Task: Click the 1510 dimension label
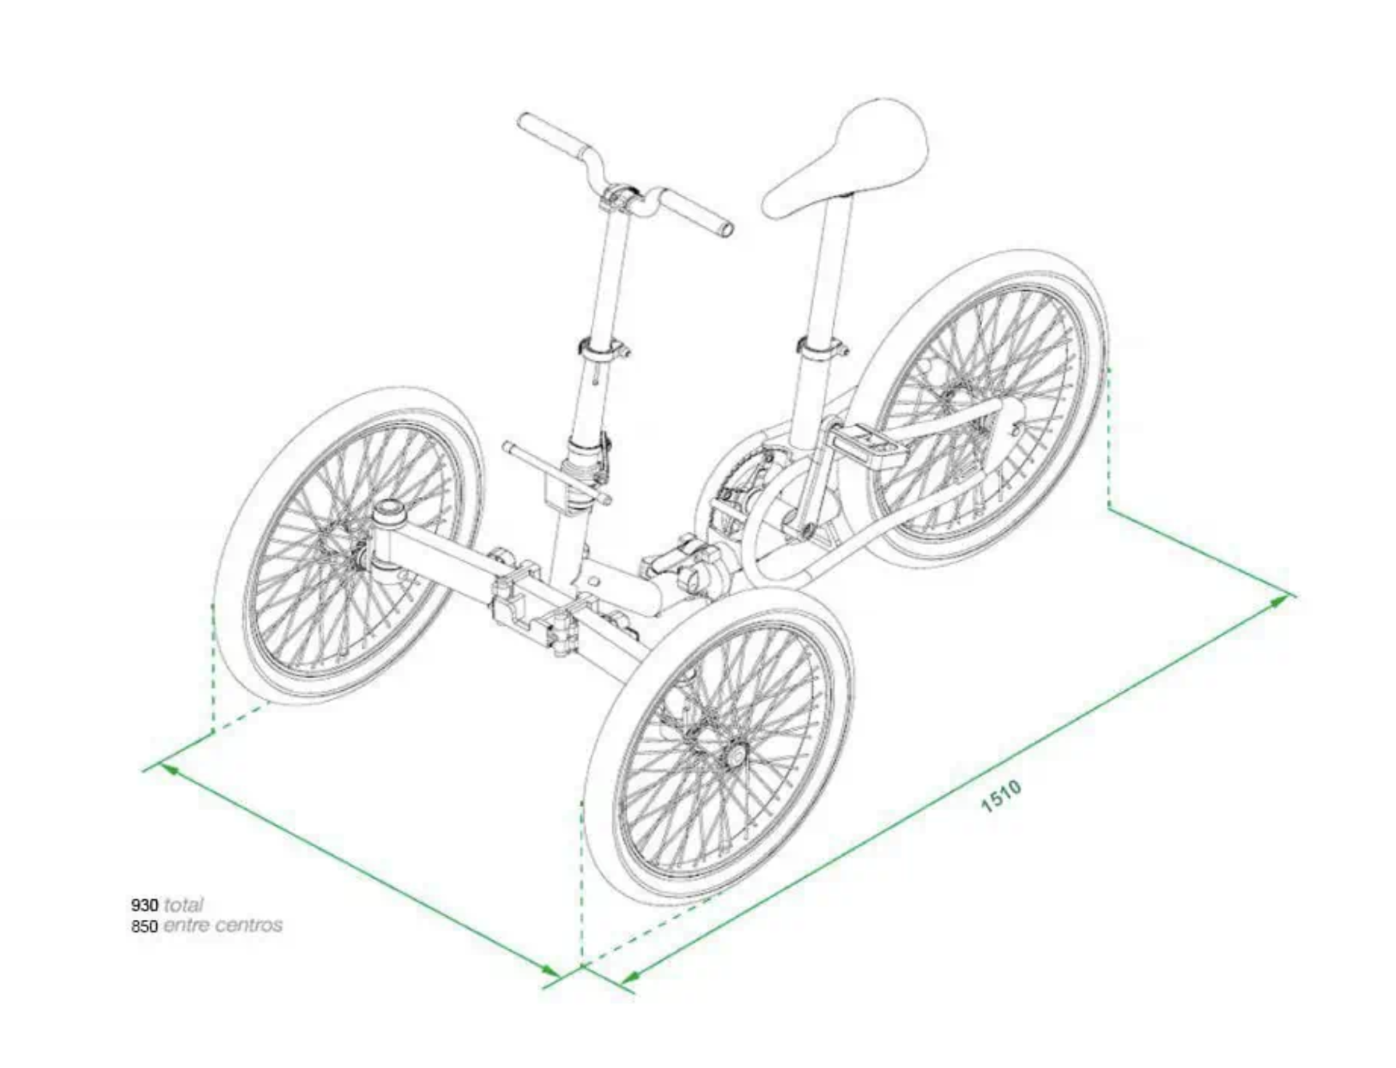tap(1002, 796)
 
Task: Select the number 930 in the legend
tap(145, 905)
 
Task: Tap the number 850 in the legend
tap(145, 926)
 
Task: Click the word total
tap(184, 905)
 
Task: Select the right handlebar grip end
tap(725, 230)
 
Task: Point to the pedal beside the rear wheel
tap(868, 445)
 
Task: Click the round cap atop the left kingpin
tap(391, 511)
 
